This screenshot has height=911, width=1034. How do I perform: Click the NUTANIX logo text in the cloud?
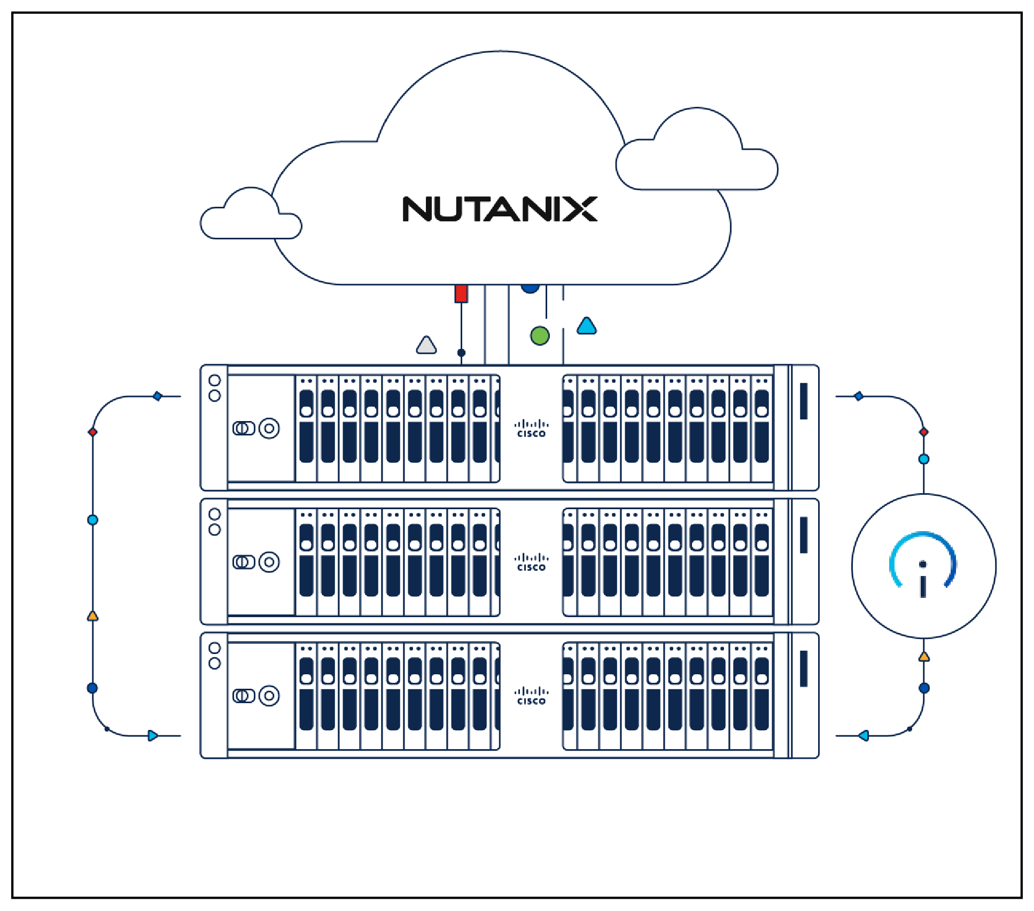point(500,209)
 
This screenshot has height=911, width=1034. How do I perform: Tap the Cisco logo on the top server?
point(531,429)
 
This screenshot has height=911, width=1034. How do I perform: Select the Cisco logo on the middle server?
point(531,562)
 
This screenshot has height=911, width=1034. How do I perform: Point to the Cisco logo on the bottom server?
point(531,696)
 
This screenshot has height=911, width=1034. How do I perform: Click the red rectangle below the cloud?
point(461,294)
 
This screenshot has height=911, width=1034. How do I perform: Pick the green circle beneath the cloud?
point(540,336)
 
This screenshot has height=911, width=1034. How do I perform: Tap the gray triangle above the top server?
point(426,345)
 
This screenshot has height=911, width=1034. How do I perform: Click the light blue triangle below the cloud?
point(587,325)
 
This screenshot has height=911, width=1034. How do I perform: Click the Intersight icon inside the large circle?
point(923,564)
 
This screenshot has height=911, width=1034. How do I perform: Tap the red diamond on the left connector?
point(92,432)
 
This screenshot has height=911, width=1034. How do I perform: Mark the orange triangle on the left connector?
point(92,616)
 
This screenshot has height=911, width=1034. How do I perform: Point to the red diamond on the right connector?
point(924,432)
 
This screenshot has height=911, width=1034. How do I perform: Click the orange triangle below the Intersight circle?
point(924,657)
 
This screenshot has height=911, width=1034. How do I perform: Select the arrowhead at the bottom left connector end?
point(153,736)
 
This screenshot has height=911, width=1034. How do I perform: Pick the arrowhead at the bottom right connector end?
point(864,736)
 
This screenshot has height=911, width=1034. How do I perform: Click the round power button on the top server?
point(269,429)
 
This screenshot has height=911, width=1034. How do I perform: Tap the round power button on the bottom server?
point(269,696)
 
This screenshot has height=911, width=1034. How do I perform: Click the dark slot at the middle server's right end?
point(804,535)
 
